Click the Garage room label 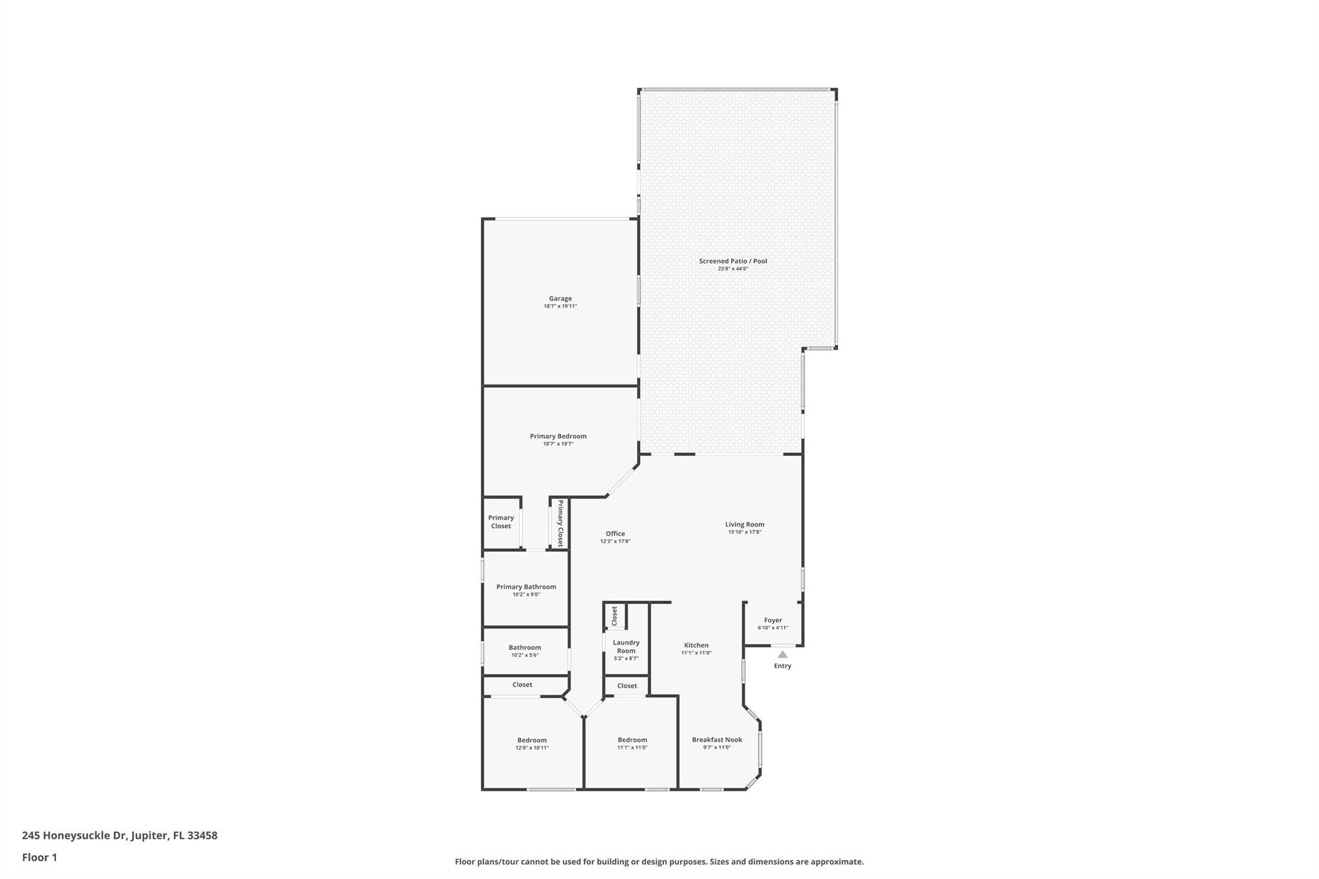click(x=560, y=299)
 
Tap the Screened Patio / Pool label click(x=733, y=261)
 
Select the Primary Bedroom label click(x=558, y=437)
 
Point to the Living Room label click(x=745, y=525)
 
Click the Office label click(x=615, y=534)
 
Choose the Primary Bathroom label click(x=526, y=587)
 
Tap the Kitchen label click(x=696, y=645)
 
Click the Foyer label click(x=773, y=621)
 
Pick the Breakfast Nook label click(x=717, y=740)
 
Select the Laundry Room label click(x=626, y=647)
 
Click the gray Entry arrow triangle click(x=783, y=654)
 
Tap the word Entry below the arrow click(x=783, y=666)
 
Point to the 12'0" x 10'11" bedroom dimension click(x=532, y=748)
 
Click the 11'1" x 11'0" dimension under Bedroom click(x=632, y=748)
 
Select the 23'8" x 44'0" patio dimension click(x=733, y=269)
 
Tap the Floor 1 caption click(x=39, y=858)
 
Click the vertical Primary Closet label click(x=560, y=523)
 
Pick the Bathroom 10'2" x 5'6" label click(x=525, y=651)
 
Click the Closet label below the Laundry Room click(x=627, y=686)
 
